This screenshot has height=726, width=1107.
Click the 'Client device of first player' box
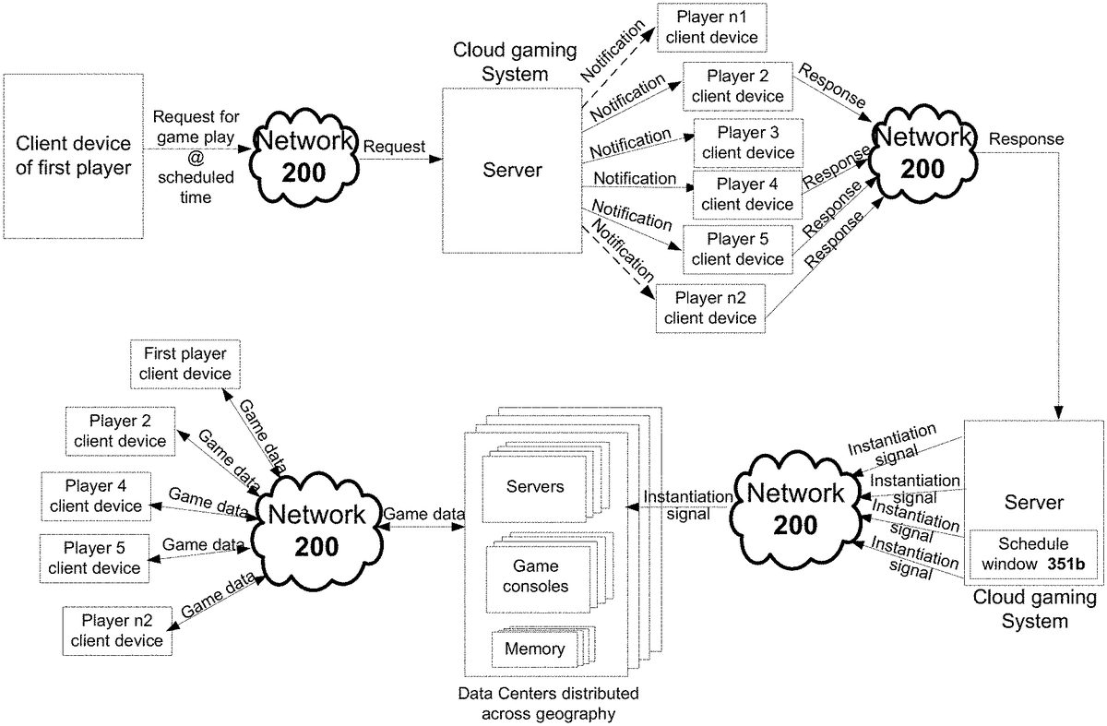point(73,158)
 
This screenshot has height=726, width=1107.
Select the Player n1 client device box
point(711,28)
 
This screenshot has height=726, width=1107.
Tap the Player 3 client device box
point(748,142)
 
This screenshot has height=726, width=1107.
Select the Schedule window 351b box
point(1031,553)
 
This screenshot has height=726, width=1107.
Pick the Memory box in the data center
point(534,649)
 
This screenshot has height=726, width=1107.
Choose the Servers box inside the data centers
point(535,485)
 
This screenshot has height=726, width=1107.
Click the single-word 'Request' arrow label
point(395,147)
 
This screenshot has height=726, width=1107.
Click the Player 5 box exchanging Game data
point(95,556)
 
